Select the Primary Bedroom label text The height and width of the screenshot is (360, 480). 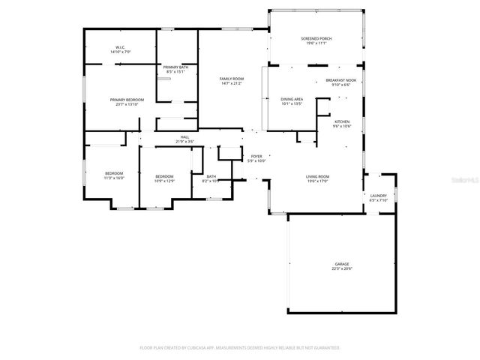(127, 100)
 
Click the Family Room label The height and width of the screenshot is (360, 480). (231, 79)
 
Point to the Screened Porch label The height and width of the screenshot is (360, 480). (316, 39)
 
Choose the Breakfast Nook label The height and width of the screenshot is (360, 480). (340, 80)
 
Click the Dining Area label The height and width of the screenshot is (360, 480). (292, 99)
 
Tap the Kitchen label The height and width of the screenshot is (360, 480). (342, 121)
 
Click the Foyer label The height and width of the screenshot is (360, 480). (256, 157)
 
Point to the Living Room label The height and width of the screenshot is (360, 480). (317, 176)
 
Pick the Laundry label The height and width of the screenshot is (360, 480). (378, 196)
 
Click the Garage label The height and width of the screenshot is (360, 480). (342, 264)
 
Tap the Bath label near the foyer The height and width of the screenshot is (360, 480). (211, 176)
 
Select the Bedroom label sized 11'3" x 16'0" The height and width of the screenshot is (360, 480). (113, 174)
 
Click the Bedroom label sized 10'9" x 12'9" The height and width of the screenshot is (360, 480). (163, 176)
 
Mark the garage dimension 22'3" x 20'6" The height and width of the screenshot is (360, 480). (342, 268)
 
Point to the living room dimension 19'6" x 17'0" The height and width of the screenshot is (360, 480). (317, 181)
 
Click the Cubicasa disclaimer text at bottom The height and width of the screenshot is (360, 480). (240, 348)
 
